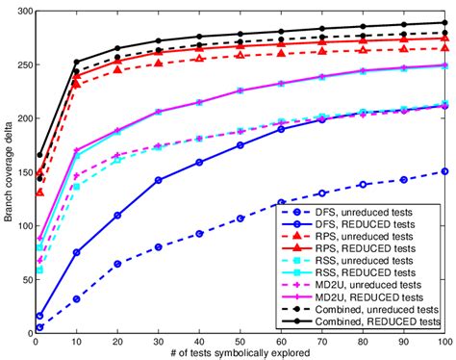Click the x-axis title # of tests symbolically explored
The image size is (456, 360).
241,353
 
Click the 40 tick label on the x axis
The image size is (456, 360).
199,341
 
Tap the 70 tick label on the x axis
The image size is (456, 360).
321,341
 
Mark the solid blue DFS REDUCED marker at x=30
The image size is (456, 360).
158,180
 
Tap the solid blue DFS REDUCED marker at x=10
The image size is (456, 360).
76,252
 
